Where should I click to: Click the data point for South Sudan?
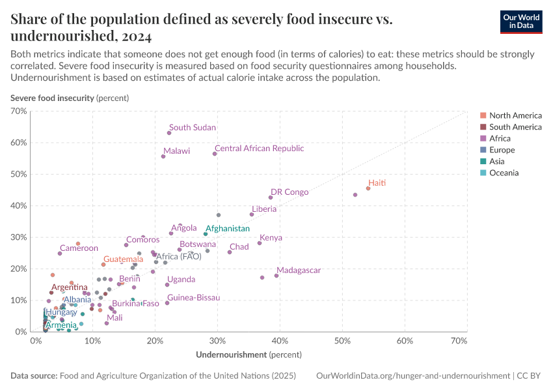(169, 133)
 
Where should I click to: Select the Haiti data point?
(368, 188)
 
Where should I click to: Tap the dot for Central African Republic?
(215, 154)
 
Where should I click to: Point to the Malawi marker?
(163, 156)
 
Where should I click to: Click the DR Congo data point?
(271, 197)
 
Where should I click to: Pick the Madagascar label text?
(299, 270)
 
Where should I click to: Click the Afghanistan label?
(228, 229)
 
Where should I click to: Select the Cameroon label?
(79, 248)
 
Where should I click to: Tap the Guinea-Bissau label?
(193, 298)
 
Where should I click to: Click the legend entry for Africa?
(500, 138)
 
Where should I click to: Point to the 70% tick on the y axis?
(19, 111)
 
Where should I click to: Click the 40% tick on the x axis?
(280, 341)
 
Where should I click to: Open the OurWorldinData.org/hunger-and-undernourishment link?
(412, 376)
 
